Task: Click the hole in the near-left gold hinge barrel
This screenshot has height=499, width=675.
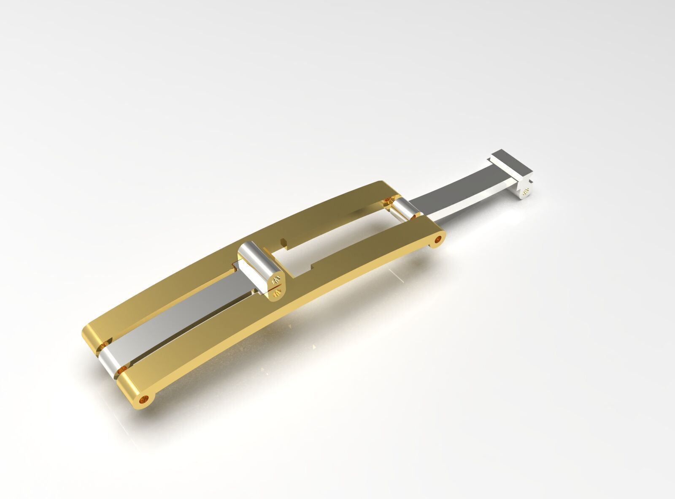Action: [147, 398]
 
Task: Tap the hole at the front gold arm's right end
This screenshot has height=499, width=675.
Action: [439, 240]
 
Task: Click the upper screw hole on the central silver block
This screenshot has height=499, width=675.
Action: [277, 279]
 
